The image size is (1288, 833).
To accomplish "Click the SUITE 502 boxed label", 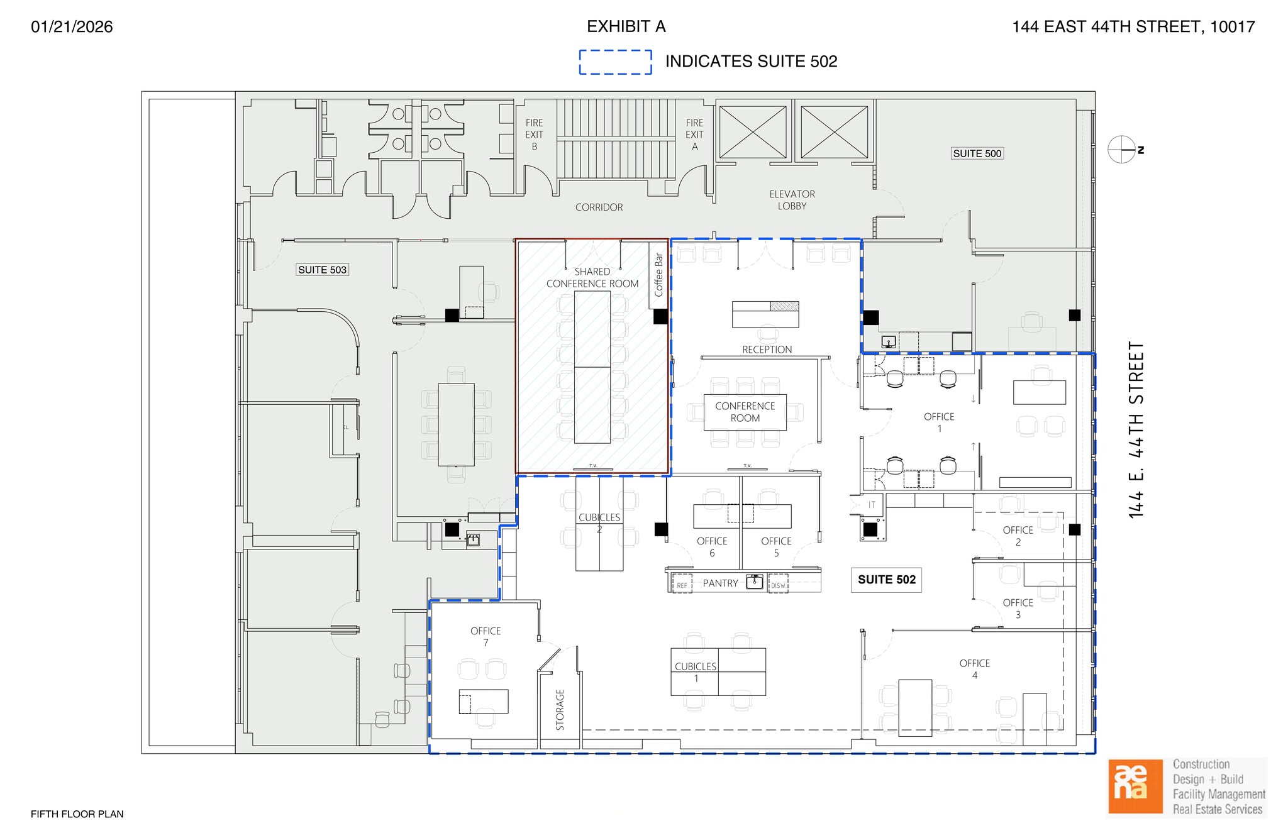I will [x=886, y=580].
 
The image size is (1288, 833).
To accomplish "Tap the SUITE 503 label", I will [x=322, y=270].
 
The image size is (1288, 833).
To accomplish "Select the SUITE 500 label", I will [x=977, y=153].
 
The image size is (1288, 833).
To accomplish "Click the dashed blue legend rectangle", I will [x=615, y=62].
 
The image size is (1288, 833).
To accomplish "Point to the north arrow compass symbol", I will [x=1122, y=150].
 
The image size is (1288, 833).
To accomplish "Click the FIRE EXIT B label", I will [x=534, y=135].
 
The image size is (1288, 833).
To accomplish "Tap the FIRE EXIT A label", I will [x=694, y=135].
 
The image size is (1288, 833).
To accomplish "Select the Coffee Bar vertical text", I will [x=658, y=275].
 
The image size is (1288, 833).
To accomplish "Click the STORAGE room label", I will [x=560, y=710].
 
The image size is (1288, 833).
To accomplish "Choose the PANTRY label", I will [x=720, y=583].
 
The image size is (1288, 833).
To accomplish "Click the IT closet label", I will [x=872, y=505].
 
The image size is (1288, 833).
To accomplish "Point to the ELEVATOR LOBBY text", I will [x=792, y=200].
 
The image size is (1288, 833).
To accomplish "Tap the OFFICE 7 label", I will [x=486, y=636].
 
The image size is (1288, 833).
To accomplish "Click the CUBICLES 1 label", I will [x=696, y=672].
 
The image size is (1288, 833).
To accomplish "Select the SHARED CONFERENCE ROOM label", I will [x=592, y=277].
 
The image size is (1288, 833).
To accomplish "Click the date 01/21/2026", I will [x=72, y=26].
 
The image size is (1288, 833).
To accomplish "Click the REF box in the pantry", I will [x=682, y=585].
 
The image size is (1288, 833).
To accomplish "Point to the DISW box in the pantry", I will [x=778, y=585].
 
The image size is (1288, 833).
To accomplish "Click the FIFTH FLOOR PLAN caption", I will [x=77, y=814].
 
